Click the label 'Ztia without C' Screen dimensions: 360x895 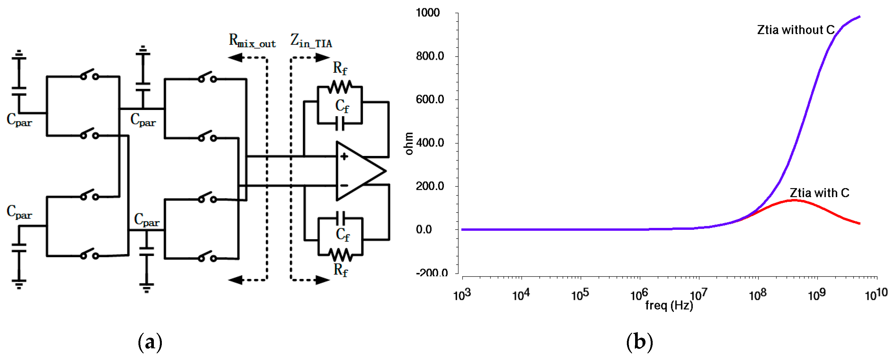pos(795,30)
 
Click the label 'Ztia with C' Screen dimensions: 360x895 pos(819,193)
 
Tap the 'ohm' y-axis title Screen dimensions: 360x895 pos(409,143)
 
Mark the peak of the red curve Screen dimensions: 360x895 pos(795,200)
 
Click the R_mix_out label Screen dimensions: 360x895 pos(252,41)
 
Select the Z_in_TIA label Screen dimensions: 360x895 pos(311,41)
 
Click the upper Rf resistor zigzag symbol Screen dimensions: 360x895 pos(340,87)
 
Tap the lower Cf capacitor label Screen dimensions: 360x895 pos(343,235)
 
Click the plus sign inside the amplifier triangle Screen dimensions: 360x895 pos(344,157)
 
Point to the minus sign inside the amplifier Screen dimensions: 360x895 pos(344,185)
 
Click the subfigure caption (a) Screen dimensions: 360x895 pos(150,342)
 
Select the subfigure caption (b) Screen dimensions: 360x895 pos(639,342)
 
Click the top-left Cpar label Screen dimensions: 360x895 pos(19,120)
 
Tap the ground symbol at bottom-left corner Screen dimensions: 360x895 pos(19,284)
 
